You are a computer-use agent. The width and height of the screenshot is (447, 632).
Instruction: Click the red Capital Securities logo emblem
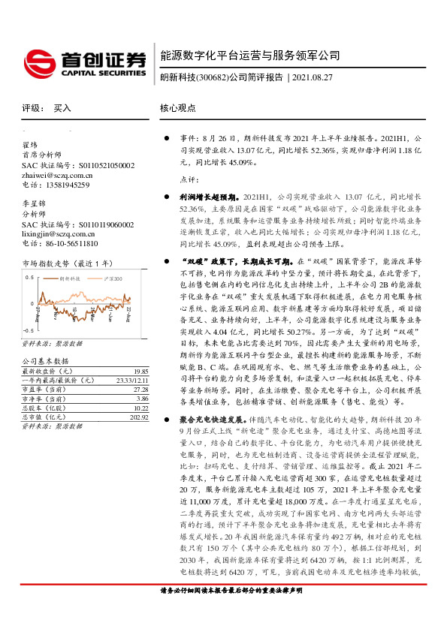(38, 60)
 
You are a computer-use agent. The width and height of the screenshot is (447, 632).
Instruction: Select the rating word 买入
(62, 108)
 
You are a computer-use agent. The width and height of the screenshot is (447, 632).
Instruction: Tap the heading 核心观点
(177, 108)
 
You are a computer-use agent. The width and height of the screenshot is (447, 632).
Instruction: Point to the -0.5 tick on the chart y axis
(29, 330)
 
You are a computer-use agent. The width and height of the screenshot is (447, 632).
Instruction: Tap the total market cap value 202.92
(138, 417)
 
